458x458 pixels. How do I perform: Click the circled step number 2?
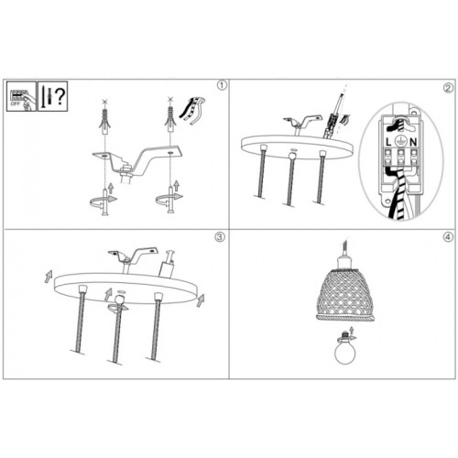(x=447, y=89)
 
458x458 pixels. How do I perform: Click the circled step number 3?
(x=220, y=237)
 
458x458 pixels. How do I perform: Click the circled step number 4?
(x=447, y=237)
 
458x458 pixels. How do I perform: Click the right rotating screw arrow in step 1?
(x=167, y=198)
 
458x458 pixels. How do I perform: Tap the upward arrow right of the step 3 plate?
(x=201, y=299)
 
